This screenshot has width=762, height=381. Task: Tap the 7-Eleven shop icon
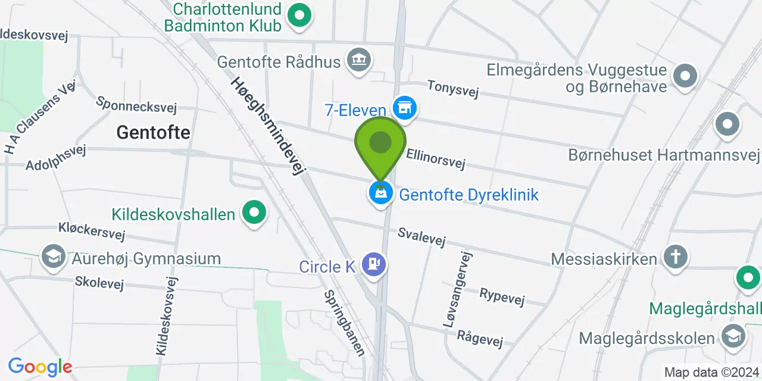(405, 108)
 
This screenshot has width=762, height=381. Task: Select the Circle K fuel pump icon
(374, 264)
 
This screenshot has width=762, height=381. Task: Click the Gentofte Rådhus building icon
(359, 60)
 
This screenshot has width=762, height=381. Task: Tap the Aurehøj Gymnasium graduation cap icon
(53, 257)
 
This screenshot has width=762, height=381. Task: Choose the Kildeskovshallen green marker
(254, 213)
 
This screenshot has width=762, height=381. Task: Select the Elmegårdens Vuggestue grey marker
(685, 76)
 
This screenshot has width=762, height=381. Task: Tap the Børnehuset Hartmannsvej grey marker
(727, 125)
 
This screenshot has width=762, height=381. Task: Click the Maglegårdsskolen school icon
(733, 336)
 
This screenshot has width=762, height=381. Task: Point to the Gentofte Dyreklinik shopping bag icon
(380, 193)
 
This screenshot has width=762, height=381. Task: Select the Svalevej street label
(421, 236)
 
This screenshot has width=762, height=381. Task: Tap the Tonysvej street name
(453, 89)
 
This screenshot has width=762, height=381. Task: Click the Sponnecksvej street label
(136, 104)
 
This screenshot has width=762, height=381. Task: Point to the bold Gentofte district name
(153, 132)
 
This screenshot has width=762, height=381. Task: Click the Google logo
(40, 367)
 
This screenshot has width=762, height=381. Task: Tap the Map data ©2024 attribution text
(711, 373)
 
